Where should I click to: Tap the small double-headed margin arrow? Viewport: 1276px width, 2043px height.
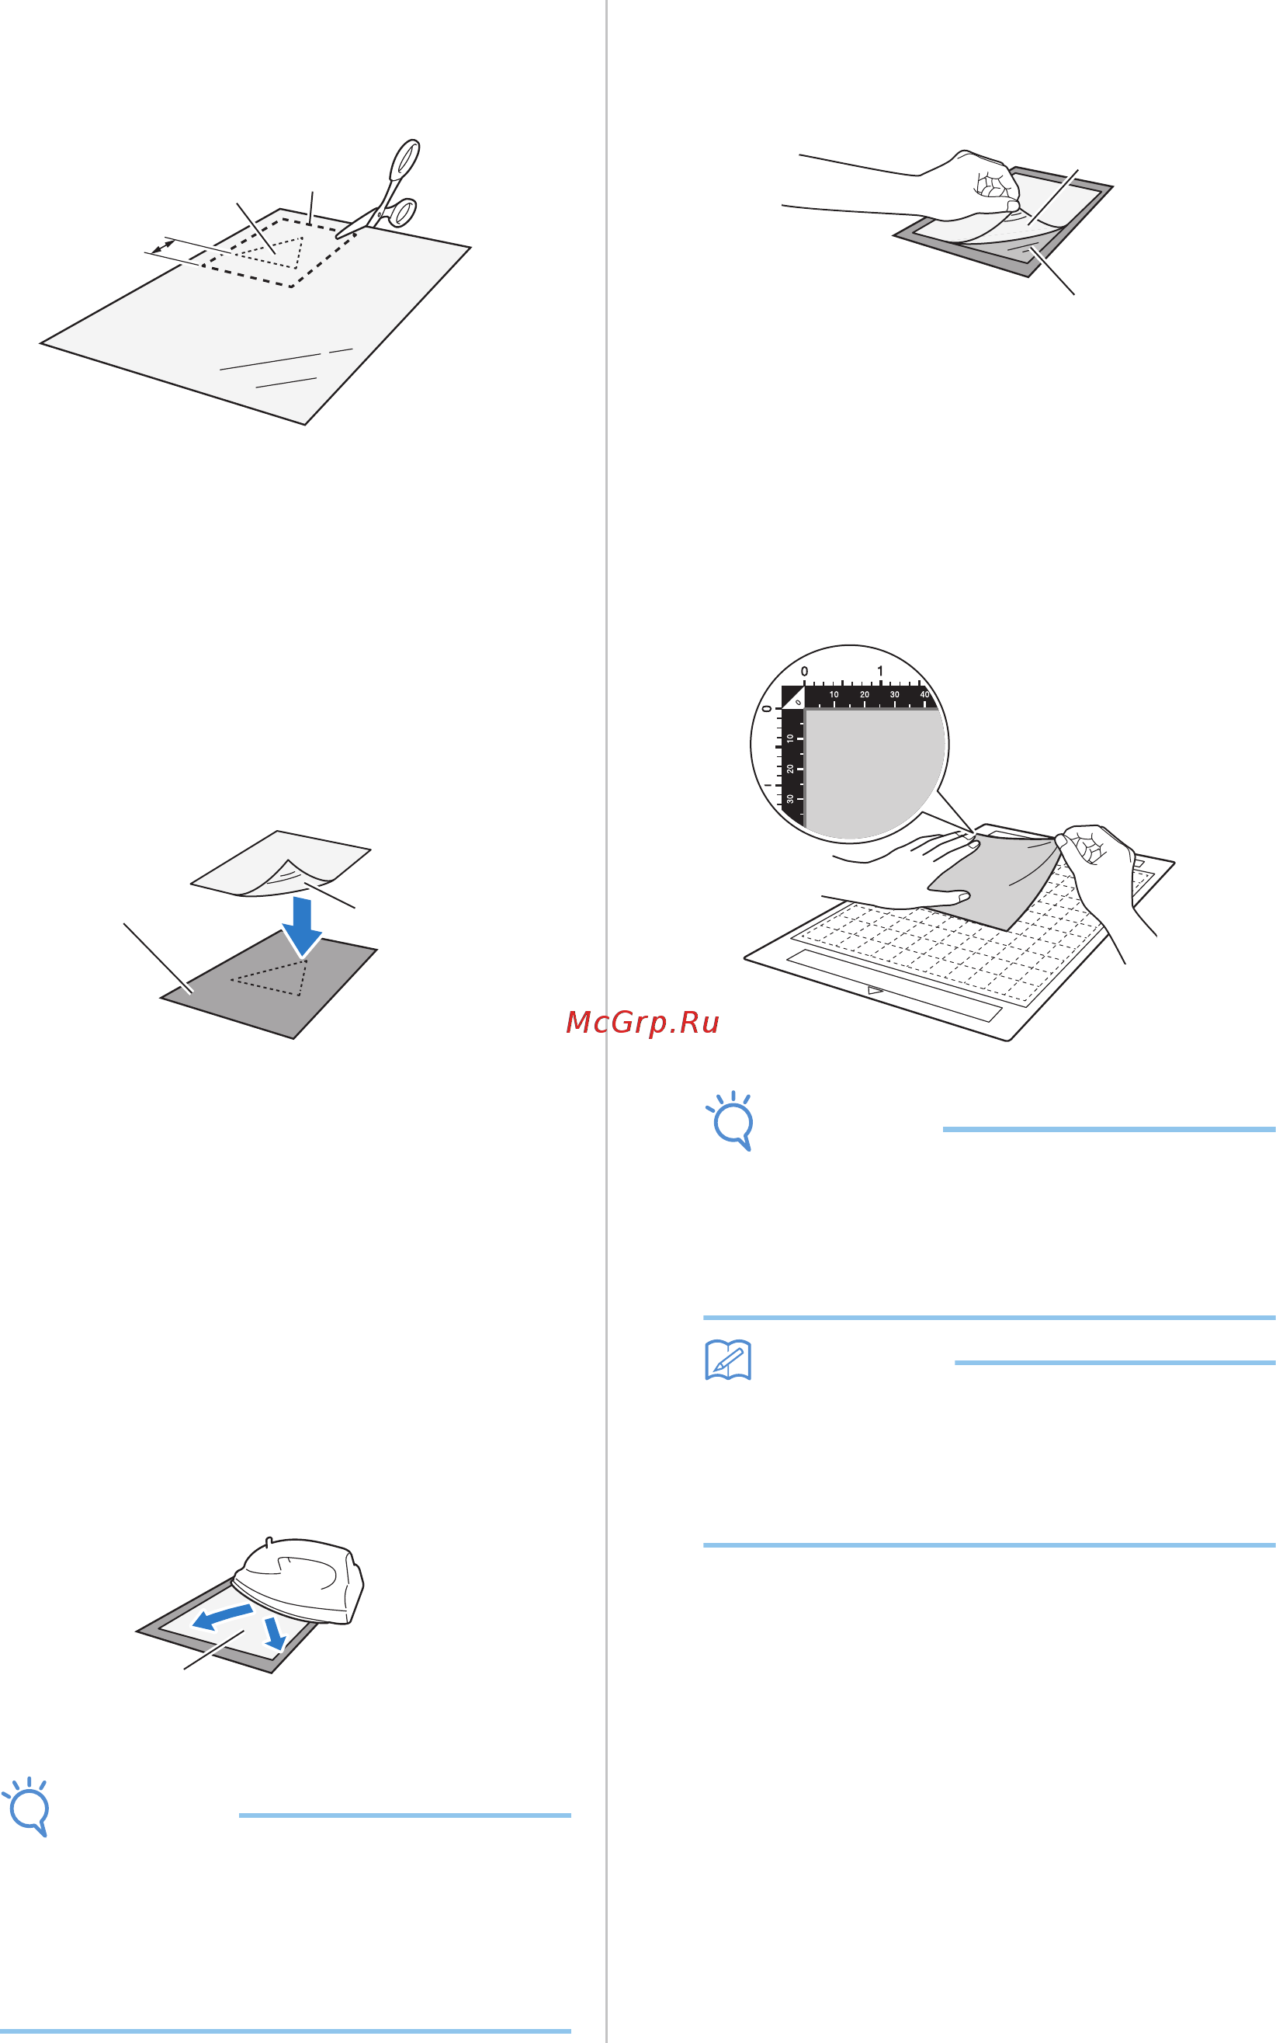163,246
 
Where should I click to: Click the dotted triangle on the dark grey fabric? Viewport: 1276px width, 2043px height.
269,977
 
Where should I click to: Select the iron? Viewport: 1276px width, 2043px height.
298,1580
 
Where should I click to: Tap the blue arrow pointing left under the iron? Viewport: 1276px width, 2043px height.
222,1617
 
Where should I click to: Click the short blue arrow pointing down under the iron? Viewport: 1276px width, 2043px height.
275,1634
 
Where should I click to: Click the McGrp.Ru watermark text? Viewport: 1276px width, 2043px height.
642,1023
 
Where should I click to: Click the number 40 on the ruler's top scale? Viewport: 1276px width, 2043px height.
925,695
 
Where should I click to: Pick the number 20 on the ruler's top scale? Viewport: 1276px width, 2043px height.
864,695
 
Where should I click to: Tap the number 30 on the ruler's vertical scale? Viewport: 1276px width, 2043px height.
790,798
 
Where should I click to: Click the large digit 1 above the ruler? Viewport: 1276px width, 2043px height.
879,671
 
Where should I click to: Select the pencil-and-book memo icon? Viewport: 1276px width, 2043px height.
727,1360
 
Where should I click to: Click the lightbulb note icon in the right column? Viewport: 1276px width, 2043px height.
731,1121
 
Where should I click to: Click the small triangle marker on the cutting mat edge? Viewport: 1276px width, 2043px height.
876,989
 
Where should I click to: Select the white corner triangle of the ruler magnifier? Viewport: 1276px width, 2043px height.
792,697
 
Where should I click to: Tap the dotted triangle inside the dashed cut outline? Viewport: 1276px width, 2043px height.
271,252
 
